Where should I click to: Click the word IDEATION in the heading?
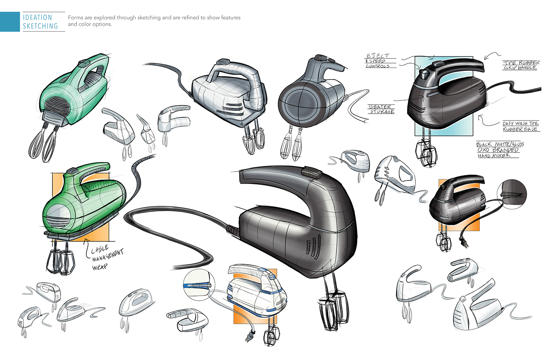pos(37,17)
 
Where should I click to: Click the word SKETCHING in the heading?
pos(40,26)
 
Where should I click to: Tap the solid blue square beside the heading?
pos(10,21)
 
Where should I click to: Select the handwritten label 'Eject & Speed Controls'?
pos(378,61)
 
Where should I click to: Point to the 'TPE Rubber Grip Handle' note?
pos(521,65)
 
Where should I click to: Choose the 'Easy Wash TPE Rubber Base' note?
pos(520,126)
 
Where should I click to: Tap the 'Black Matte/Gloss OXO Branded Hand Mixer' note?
pos(499,150)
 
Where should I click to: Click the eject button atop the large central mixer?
pos(312,173)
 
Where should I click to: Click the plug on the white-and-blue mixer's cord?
pos(249,337)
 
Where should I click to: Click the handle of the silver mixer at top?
pos(234,72)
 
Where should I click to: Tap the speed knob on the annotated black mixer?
pos(424,74)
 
